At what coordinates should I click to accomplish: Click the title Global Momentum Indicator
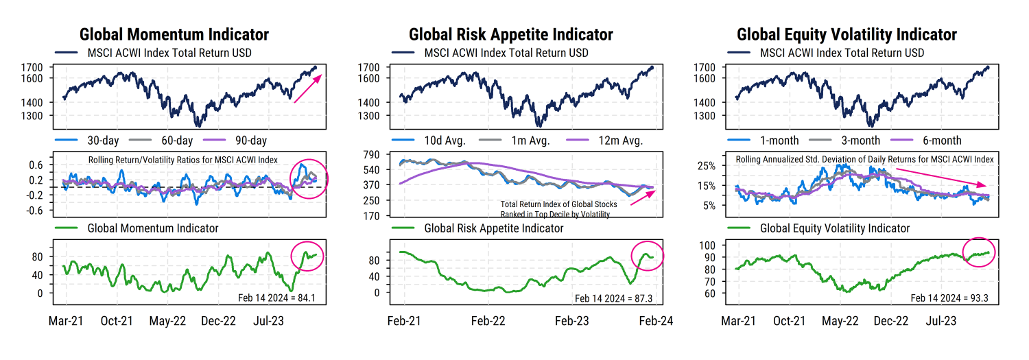click(x=174, y=34)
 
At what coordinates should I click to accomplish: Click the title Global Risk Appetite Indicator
click(x=510, y=34)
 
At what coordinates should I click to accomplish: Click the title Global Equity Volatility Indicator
click(x=847, y=34)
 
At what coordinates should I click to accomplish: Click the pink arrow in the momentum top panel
click(x=307, y=88)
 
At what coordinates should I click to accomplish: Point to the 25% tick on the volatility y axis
click(x=707, y=166)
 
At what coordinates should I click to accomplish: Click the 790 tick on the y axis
click(x=370, y=155)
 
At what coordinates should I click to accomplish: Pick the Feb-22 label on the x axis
click(x=488, y=320)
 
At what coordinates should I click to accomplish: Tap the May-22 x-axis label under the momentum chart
click(x=168, y=320)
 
